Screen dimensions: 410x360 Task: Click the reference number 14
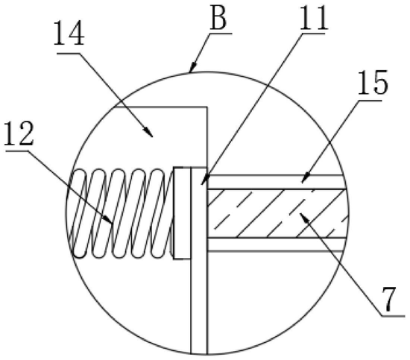(x=69, y=34)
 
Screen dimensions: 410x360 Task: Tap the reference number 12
(x=19, y=133)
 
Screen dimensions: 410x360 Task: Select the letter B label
(x=218, y=18)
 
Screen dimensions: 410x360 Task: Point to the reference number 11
(x=313, y=18)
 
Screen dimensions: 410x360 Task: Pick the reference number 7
(x=389, y=299)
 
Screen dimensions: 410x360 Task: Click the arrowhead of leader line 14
(x=148, y=132)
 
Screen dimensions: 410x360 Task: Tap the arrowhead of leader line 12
(x=109, y=219)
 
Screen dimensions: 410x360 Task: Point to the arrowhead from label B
(x=193, y=66)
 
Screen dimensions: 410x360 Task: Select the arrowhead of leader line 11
(x=205, y=179)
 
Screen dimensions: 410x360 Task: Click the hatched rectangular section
(x=277, y=213)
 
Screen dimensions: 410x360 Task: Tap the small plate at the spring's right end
(x=182, y=213)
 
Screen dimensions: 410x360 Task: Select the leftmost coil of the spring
(x=78, y=213)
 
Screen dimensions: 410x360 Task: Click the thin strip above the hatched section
(x=276, y=182)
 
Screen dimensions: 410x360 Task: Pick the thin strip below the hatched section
(x=276, y=244)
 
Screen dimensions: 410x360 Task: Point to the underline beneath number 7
(x=393, y=316)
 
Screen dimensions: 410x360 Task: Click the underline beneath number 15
(x=370, y=101)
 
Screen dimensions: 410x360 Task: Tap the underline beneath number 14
(x=69, y=54)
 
